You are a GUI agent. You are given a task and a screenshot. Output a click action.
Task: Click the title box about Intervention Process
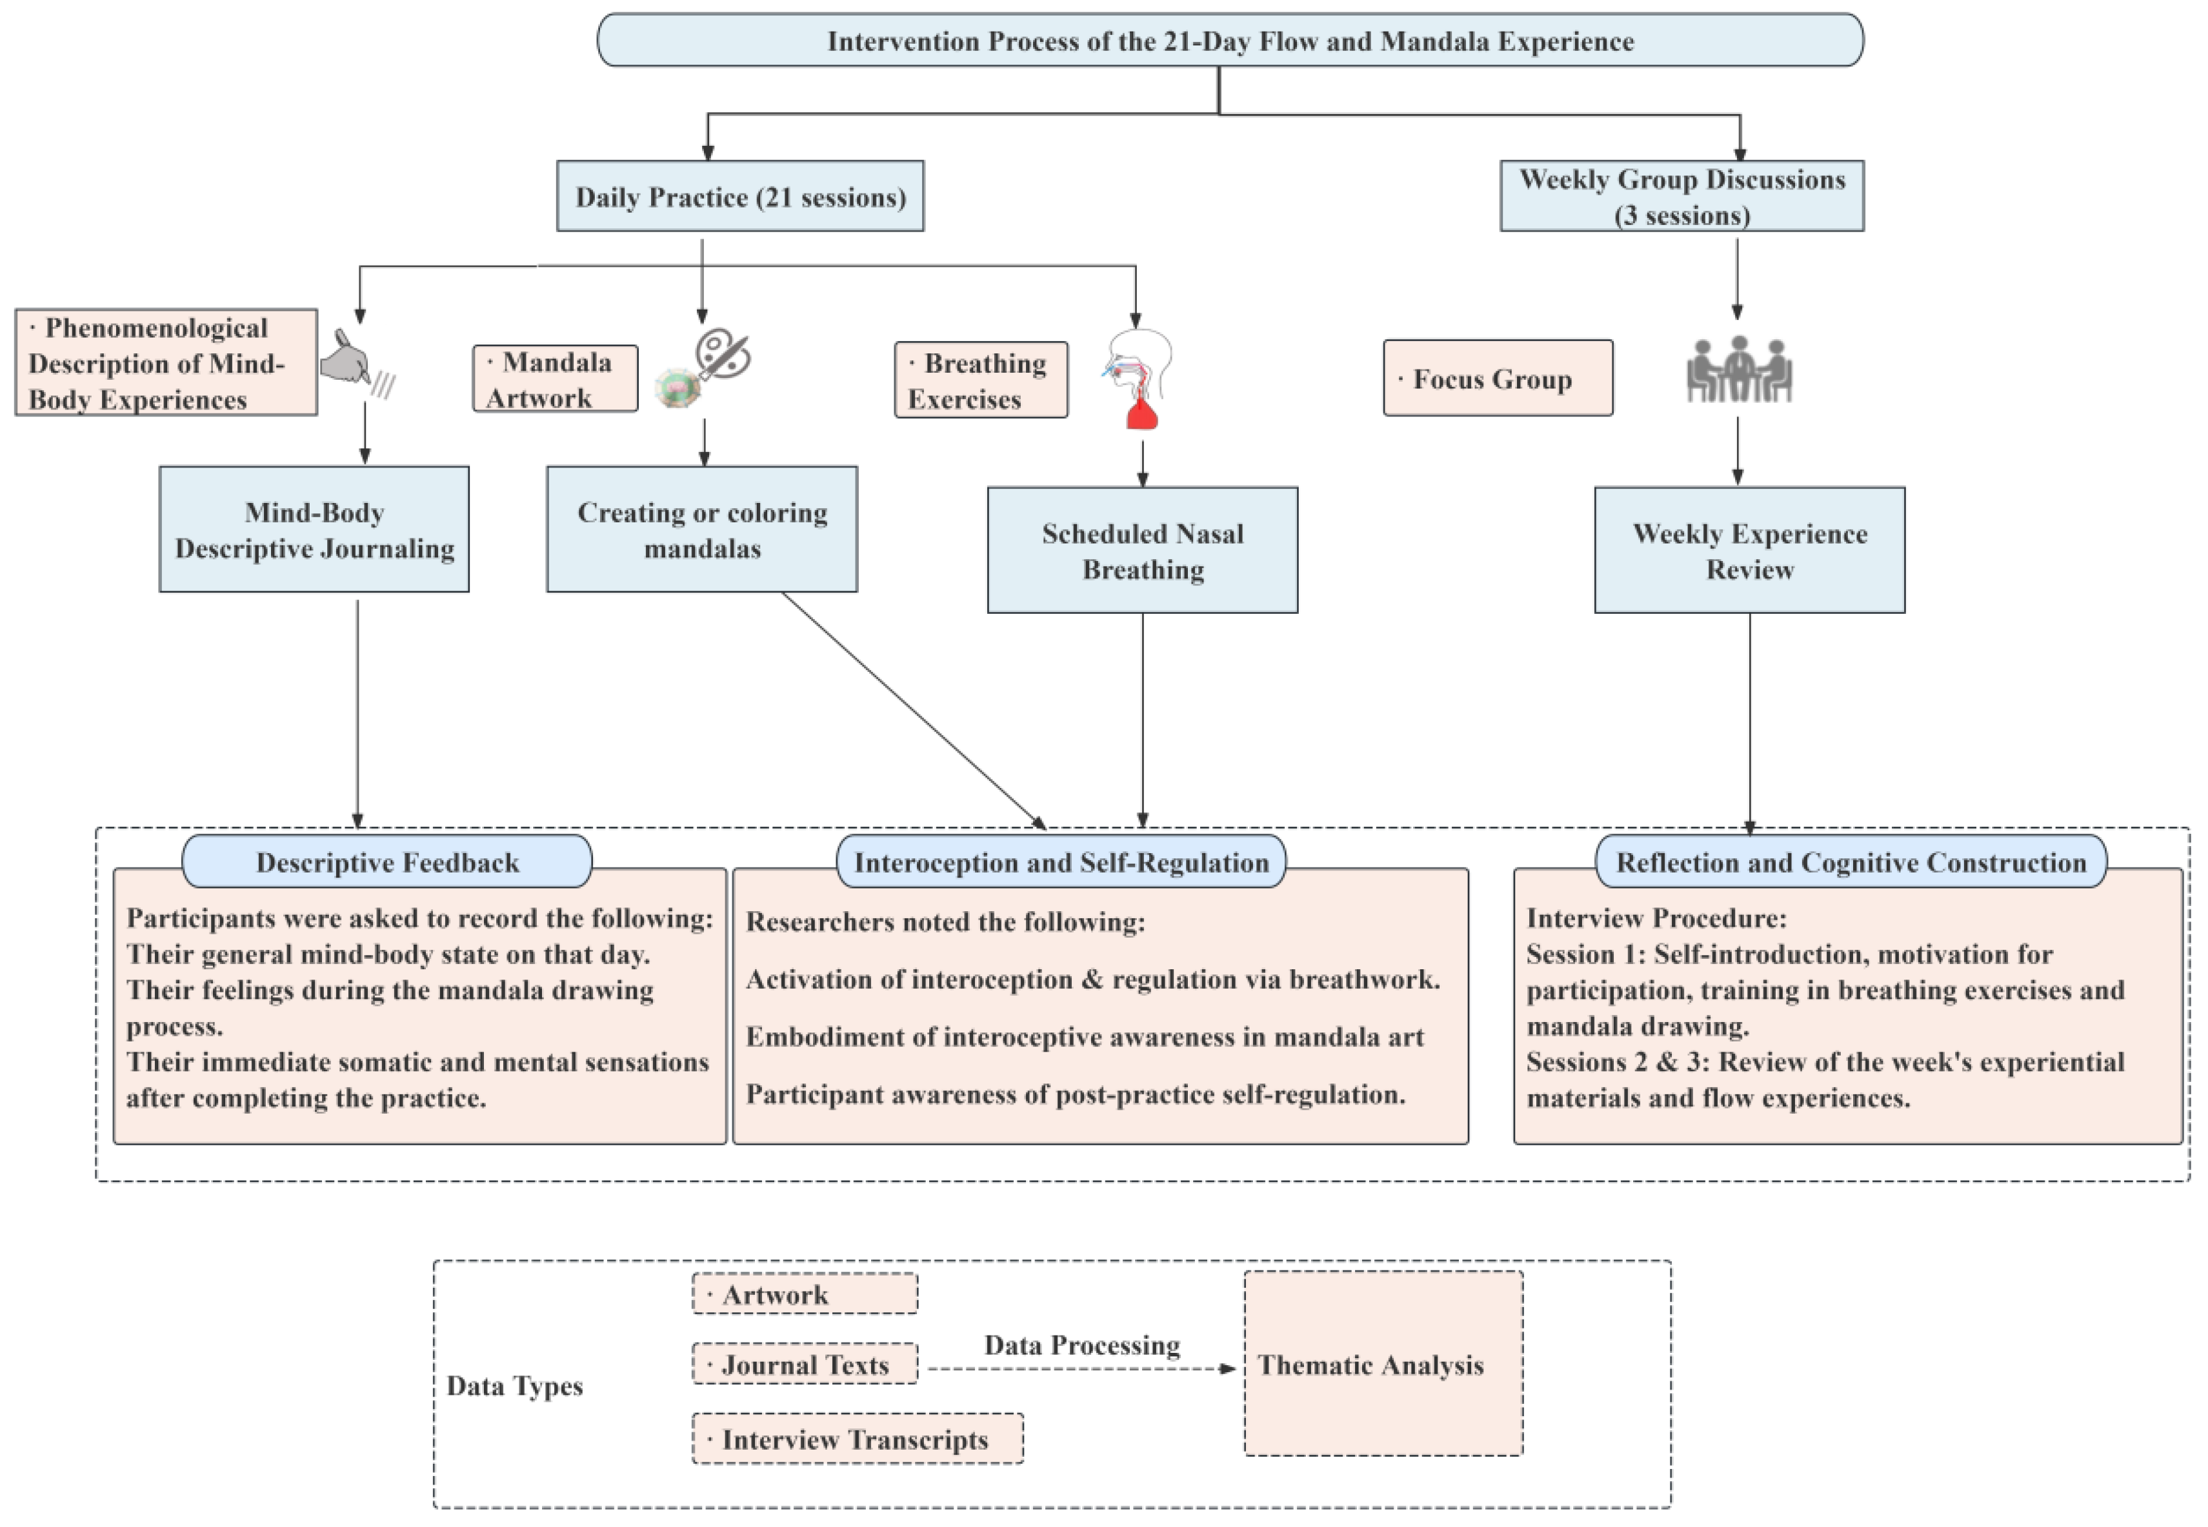pyautogui.click(x=1229, y=40)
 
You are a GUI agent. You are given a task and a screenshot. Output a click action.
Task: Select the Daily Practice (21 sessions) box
pyautogui.click(x=740, y=196)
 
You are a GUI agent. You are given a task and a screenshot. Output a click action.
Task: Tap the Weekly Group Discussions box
pyautogui.click(x=1681, y=196)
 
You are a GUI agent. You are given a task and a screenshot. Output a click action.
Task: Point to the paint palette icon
pyautogui.click(x=723, y=354)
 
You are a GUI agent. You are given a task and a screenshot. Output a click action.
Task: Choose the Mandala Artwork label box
pyautogui.click(x=554, y=379)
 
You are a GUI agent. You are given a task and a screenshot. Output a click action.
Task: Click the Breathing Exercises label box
pyautogui.click(x=980, y=380)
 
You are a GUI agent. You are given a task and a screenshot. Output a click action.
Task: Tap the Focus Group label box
pyautogui.click(x=1497, y=379)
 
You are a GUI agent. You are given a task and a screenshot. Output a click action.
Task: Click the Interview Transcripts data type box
pyautogui.click(x=857, y=1439)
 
